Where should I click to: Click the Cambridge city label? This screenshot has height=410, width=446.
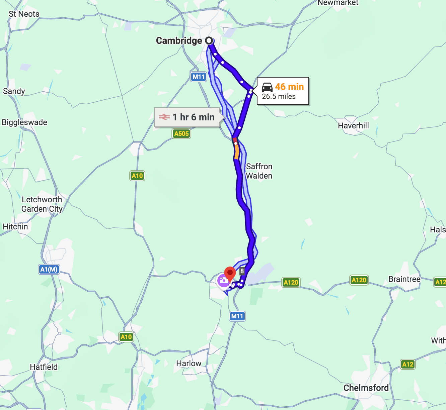pos(179,41)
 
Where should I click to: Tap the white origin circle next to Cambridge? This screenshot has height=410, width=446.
pos(209,41)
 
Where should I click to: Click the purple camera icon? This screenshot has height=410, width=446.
pos(223,280)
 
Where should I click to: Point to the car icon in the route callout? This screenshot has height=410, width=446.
pos(267,87)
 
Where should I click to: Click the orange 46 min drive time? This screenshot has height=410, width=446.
pos(289,87)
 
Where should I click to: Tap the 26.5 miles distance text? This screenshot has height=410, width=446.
pos(279,97)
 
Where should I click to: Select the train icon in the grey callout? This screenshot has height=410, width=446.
pos(164,117)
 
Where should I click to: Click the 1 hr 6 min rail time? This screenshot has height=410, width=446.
pos(194,117)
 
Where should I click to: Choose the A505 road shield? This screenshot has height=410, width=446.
pos(181,134)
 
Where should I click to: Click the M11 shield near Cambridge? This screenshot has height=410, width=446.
pos(199,77)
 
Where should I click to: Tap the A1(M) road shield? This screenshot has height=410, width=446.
pos(49,269)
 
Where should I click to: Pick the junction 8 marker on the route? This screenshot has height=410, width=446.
pos(242,271)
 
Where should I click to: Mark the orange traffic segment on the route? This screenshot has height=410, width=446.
pos(237,152)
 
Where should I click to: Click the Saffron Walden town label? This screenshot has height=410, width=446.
pos(259,171)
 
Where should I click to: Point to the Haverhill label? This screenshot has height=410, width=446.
pos(353,126)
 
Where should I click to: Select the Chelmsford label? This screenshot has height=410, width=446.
pos(366,388)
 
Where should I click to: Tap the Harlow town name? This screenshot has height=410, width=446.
pos(189,364)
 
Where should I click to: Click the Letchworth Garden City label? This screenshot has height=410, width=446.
pos(42,204)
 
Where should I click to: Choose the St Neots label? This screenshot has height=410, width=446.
pos(24,14)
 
